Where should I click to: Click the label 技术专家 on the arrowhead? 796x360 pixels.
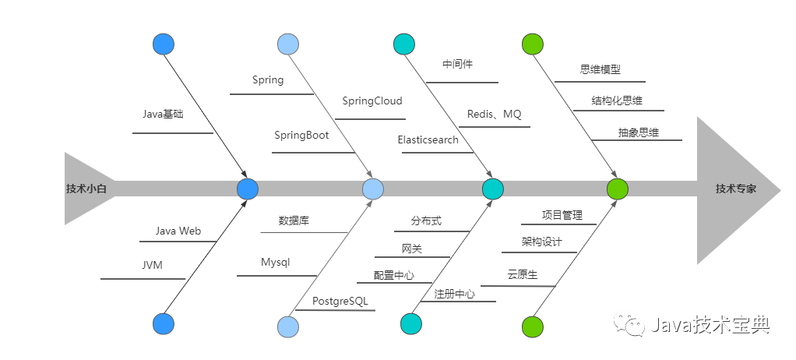pyautogui.click(x=736, y=189)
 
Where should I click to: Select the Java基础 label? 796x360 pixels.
pyautogui.click(x=163, y=114)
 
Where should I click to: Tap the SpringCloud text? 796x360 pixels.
pyautogui.click(x=372, y=101)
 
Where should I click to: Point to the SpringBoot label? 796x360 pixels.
pyautogui.click(x=301, y=135)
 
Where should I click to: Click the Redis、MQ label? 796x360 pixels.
pyautogui.click(x=494, y=114)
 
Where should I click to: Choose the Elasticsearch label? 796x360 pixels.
pyautogui.click(x=428, y=139)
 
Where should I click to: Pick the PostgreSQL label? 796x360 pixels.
pyautogui.click(x=340, y=301)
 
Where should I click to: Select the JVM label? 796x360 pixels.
pyautogui.click(x=152, y=265)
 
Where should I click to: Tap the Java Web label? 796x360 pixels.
pyautogui.click(x=178, y=231)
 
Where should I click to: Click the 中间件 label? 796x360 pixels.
pyautogui.click(x=457, y=64)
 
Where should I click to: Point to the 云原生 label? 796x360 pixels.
pyautogui.click(x=522, y=274)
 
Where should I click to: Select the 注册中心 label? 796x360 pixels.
pyautogui.click(x=454, y=294)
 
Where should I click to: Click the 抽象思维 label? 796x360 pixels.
pyautogui.click(x=638, y=132)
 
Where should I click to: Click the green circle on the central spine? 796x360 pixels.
pyautogui.click(x=617, y=189)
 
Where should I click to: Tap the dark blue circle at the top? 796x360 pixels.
pyautogui.click(x=164, y=44)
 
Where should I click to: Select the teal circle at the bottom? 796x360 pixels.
pyautogui.click(x=410, y=323)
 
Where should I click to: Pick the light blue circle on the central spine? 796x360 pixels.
pyautogui.click(x=373, y=189)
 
